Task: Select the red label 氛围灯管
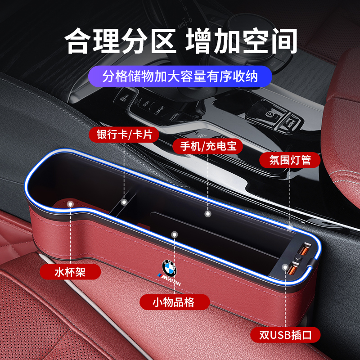[288, 159]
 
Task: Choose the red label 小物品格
[174, 301]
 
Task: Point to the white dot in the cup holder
[70, 204]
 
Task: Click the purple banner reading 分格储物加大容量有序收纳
[180, 76]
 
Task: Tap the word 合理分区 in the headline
[121, 42]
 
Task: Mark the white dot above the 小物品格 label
[174, 234]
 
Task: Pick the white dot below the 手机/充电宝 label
[207, 211]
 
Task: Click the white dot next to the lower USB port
[284, 267]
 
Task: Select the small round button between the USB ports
[297, 259]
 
